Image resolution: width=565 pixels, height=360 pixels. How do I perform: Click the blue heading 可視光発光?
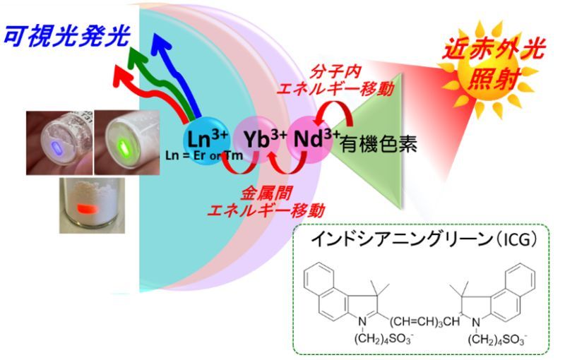66,37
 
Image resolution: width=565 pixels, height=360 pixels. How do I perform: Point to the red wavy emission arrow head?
120,76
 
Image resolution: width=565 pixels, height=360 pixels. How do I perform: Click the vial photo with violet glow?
59,143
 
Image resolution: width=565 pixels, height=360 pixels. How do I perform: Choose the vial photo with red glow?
93,205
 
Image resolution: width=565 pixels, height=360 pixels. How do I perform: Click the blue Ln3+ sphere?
203,140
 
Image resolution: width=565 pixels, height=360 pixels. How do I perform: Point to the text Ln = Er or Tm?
204,156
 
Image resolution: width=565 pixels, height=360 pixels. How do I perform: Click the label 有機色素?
379,144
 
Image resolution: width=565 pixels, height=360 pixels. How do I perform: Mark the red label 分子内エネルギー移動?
335,80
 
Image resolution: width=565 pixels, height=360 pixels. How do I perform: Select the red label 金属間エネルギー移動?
266,202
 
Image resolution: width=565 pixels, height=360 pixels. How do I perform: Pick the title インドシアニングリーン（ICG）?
424,240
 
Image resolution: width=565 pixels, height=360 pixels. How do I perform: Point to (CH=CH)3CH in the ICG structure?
425,321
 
